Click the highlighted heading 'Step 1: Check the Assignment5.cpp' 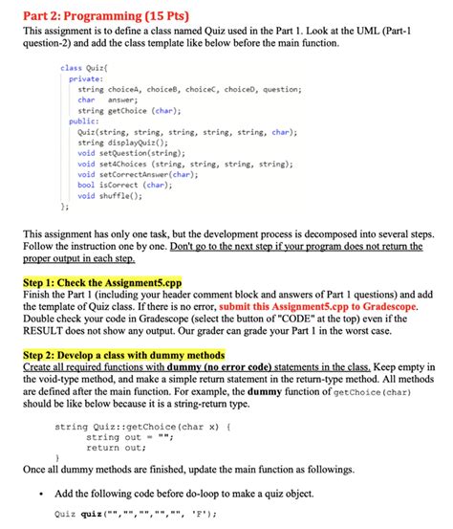110,284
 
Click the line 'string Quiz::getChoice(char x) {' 143,428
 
